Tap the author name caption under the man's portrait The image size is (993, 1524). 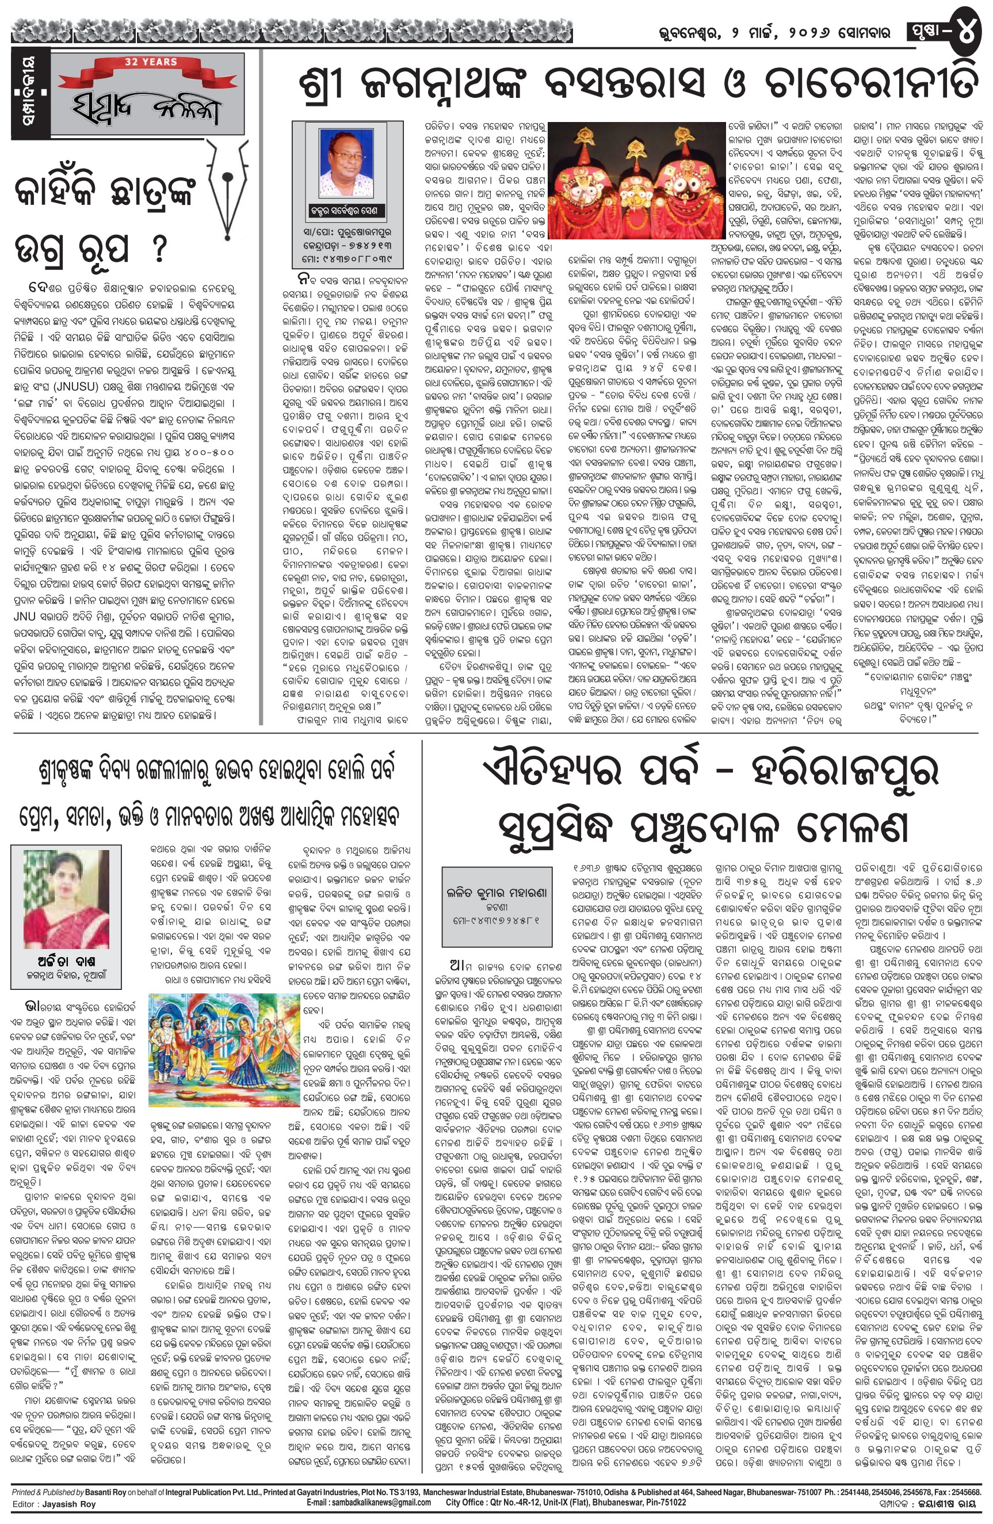[x=349, y=209]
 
